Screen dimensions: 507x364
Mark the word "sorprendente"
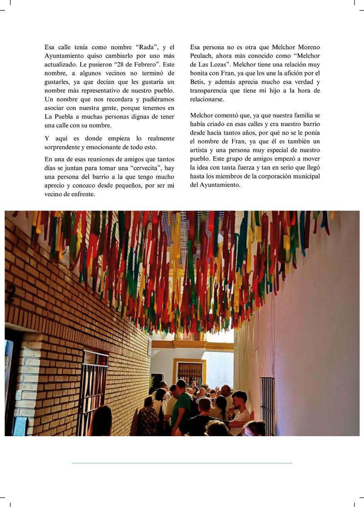(x=63, y=147)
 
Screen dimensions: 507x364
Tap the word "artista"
(x=201, y=150)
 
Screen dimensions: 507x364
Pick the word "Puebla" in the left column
(x=64, y=117)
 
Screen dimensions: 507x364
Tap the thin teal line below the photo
(x=182, y=463)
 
